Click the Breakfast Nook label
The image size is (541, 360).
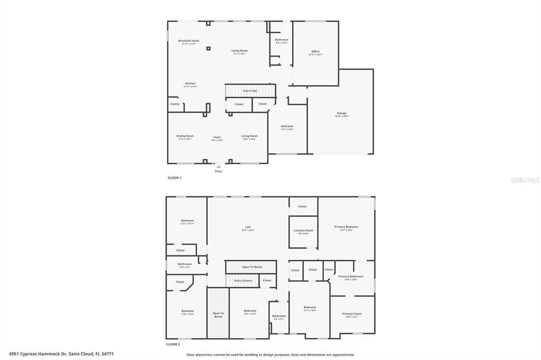point(189,41)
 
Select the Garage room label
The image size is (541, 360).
point(342,113)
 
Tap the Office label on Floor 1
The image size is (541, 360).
point(315,52)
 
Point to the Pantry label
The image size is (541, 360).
point(175,104)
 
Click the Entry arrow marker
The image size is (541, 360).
point(219,167)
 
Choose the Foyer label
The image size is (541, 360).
point(217,137)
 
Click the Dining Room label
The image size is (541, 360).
point(185,136)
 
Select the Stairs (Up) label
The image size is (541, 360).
point(250,91)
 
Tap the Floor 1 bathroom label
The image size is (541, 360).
point(282,40)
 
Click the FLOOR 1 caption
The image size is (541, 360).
point(174,178)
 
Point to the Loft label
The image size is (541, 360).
point(248,228)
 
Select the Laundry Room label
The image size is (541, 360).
point(303,231)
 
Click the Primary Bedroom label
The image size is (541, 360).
point(347,228)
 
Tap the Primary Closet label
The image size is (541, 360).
point(352,314)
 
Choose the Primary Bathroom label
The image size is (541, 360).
point(351,277)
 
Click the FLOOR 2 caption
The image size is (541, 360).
point(173,344)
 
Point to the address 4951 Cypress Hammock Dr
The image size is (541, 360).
point(61,354)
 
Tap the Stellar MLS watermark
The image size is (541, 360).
point(525,180)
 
